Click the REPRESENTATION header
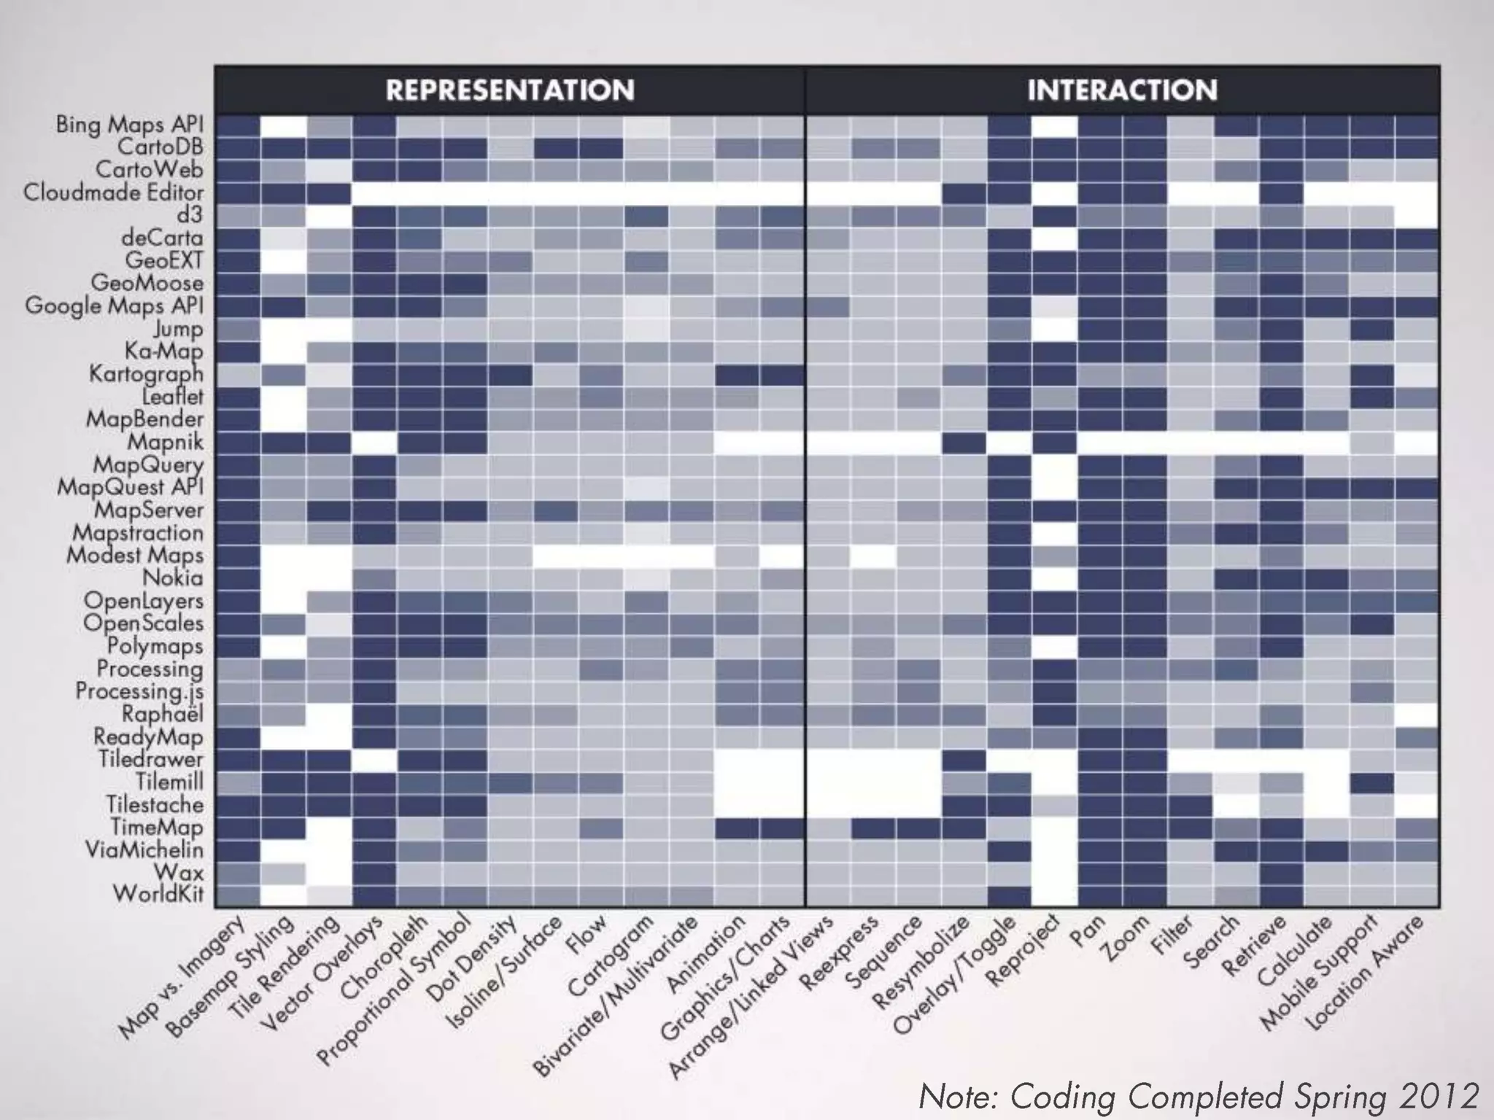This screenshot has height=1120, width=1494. (510, 90)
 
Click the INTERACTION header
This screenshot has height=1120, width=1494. (1122, 90)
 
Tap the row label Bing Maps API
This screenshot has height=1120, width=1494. (130, 125)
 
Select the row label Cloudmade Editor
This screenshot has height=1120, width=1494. (113, 192)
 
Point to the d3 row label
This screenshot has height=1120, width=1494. (189, 215)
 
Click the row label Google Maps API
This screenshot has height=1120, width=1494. (115, 306)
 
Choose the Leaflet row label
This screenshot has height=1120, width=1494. (173, 396)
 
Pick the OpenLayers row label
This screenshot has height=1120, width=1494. (144, 601)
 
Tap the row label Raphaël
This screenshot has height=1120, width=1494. (162, 714)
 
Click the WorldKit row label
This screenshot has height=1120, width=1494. (158, 894)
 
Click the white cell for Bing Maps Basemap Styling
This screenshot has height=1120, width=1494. (283, 125)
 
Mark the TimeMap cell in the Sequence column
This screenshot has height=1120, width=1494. (918, 828)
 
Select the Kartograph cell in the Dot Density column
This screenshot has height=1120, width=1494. (510, 375)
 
